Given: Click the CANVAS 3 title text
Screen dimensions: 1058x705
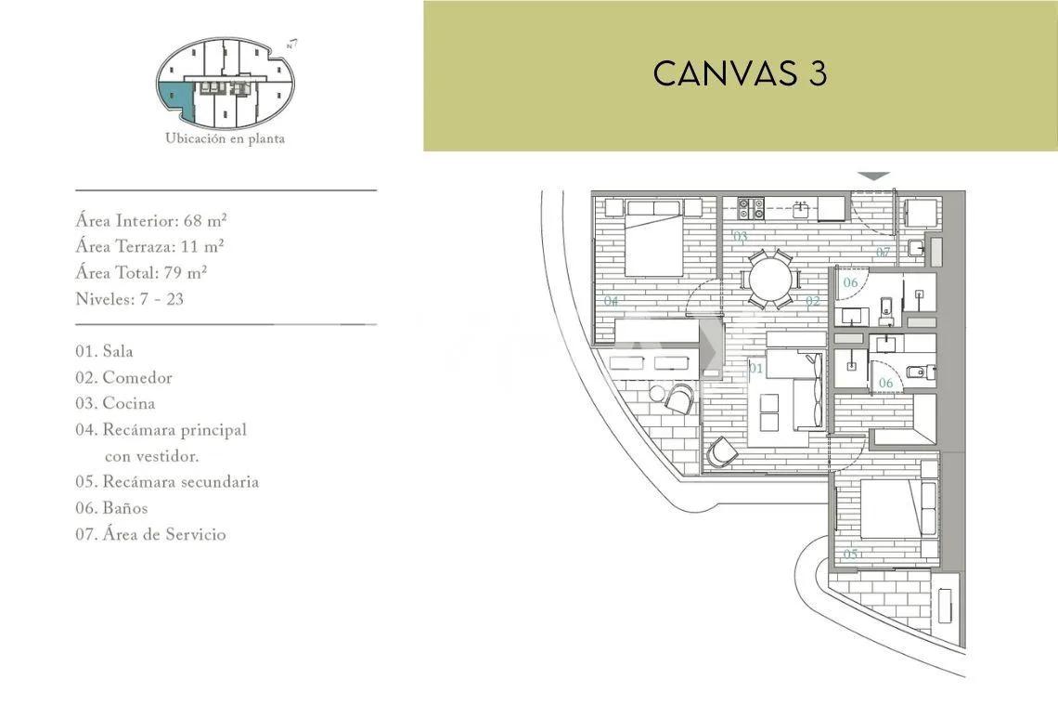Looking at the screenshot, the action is [740, 73].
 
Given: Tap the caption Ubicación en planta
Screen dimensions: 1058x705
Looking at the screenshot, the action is [225, 138].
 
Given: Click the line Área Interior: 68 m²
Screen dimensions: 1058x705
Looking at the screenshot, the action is [151, 221].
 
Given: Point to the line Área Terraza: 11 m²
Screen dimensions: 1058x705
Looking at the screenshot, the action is [149, 246].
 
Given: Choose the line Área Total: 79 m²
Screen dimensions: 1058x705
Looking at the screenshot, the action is [141, 273].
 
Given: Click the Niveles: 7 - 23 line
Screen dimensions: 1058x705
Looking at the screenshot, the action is [130, 299].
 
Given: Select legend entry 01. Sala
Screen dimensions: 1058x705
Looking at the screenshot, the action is [105, 351].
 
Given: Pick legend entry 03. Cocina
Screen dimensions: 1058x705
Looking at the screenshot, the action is [115, 403].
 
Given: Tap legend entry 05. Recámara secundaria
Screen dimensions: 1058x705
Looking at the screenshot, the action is [167, 481].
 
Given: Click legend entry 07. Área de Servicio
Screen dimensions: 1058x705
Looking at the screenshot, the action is [151, 534].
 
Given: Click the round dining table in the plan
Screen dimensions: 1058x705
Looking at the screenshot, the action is [769, 279].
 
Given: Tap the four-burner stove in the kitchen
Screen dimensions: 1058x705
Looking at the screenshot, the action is [750, 208].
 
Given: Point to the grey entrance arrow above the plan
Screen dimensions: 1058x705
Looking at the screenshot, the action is [874, 176].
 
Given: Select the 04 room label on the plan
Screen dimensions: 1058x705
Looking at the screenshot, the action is [612, 301].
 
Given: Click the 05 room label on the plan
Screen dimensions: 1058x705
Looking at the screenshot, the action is [850, 555].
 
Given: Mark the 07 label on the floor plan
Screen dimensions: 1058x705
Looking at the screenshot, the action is [884, 253].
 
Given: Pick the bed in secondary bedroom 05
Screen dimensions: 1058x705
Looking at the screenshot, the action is [890, 508].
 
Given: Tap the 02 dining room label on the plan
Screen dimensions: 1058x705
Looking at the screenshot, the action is [812, 301].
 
